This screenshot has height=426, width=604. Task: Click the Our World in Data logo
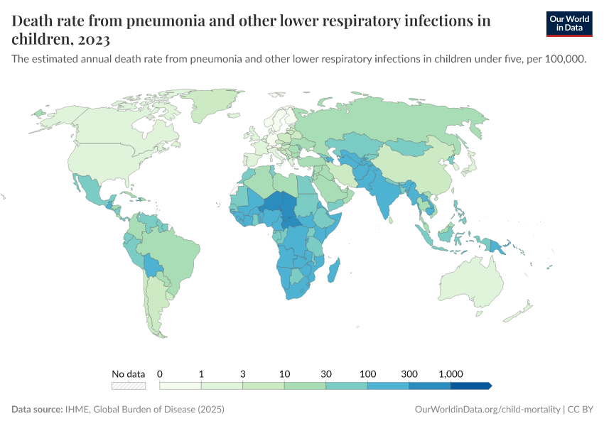pos(569,23)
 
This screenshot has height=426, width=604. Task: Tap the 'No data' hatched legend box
pos(129,386)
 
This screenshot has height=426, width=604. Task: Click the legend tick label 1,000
pos(451,373)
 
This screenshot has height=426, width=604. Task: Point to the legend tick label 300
pos(409,373)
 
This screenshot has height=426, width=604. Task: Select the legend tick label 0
pos(160,373)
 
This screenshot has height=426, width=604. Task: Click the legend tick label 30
pos(326,373)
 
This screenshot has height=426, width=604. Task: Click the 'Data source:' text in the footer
pos(37,410)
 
